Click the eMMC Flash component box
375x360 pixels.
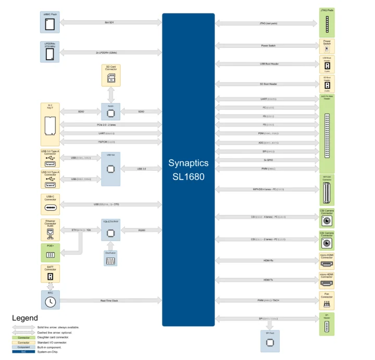(x=50, y=22)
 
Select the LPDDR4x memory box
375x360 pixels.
(x=50, y=52)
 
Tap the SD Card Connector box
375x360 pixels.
(x=110, y=76)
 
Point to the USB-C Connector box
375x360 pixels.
(x=50, y=205)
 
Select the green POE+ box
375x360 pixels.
(x=50, y=253)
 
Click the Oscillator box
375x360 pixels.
(x=110, y=259)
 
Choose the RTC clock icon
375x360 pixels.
(x=50, y=301)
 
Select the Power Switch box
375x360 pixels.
(x=327, y=46)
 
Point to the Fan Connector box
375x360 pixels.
(x=327, y=300)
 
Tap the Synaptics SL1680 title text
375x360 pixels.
(x=188, y=170)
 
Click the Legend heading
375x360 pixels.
(x=25, y=317)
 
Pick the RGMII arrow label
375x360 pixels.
(x=142, y=229)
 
